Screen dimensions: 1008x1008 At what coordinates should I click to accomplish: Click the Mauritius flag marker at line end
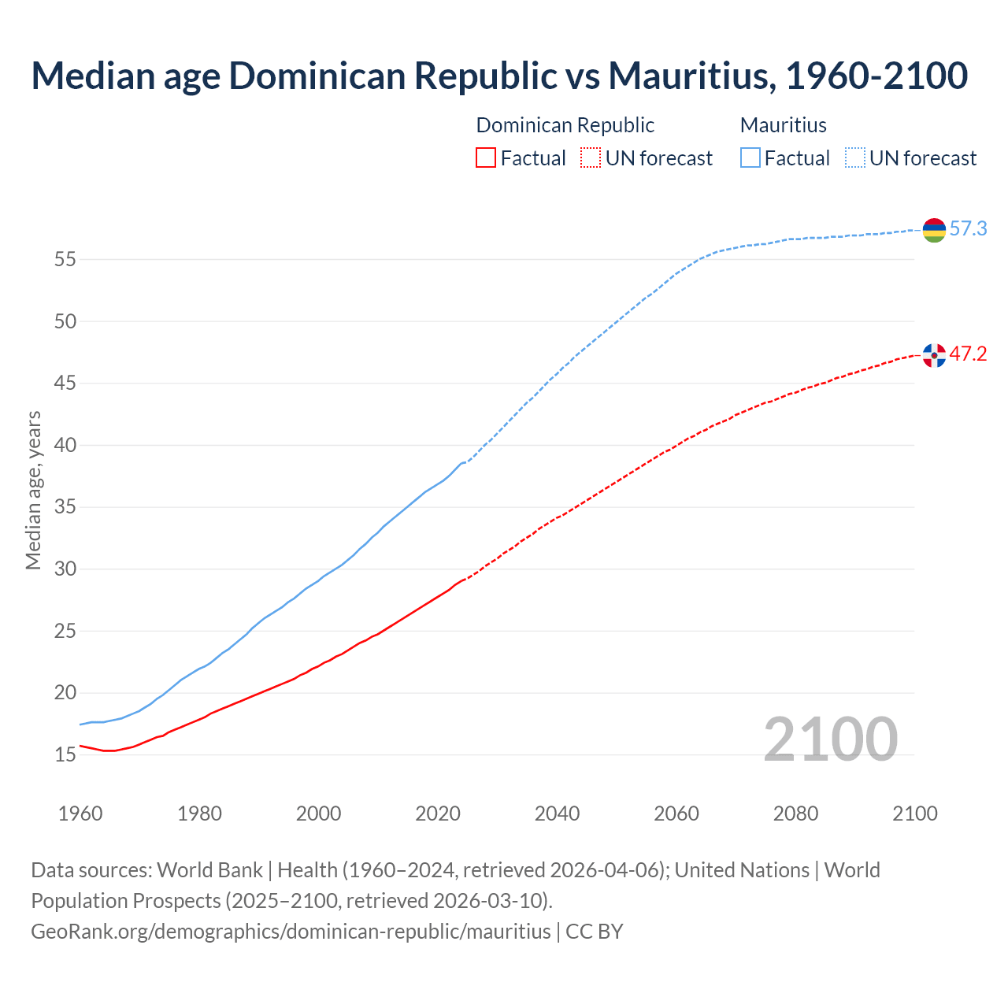click(934, 230)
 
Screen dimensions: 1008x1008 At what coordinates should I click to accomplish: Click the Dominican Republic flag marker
click(934, 355)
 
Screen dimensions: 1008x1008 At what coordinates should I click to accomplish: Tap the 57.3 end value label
click(968, 229)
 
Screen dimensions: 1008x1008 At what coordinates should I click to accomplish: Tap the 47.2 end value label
click(968, 354)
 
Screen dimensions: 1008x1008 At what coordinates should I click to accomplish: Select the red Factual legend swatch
click(486, 158)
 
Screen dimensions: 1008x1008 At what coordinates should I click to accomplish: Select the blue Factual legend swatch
click(750, 158)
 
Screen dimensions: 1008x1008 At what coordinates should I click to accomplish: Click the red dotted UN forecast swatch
click(591, 158)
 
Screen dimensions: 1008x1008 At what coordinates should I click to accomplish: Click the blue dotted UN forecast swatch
click(855, 158)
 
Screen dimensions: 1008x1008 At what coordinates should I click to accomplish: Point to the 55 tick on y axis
click(65, 259)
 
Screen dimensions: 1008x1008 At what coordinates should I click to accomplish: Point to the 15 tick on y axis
click(65, 755)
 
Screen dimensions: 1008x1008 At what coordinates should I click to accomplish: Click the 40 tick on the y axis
click(65, 445)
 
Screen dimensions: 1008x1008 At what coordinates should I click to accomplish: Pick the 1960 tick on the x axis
click(80, 813)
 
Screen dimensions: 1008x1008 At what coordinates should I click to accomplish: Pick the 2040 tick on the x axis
click(557, 813)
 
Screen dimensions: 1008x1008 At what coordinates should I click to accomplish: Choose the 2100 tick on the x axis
click(914, 813)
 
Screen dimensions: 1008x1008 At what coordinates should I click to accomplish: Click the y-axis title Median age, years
click(33, 490)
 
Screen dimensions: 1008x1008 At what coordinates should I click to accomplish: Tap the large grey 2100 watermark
click(830, 739)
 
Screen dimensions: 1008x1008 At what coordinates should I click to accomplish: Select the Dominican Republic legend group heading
click(565, 125)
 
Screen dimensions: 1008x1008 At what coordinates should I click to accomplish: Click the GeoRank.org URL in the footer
click(291, 932)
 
